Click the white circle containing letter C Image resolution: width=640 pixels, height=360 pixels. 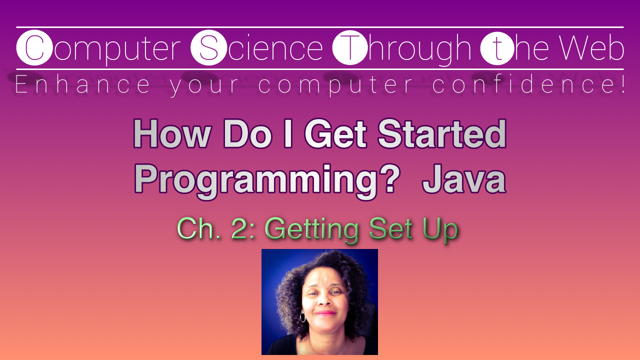(34, 48)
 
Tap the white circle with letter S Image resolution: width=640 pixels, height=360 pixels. (209, 48)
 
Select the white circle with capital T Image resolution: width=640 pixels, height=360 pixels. (349, 48)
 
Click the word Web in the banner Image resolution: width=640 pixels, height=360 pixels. (591, 48)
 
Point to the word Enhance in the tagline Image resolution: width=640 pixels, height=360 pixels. (82, 85)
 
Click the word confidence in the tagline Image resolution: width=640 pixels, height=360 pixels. (520, 85)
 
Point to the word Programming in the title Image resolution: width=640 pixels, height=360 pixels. (253, 181)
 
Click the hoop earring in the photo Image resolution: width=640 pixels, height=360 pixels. (302, 317)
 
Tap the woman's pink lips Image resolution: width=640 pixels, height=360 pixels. (325, 313)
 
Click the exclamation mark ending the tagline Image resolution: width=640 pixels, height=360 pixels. (621, 85)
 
